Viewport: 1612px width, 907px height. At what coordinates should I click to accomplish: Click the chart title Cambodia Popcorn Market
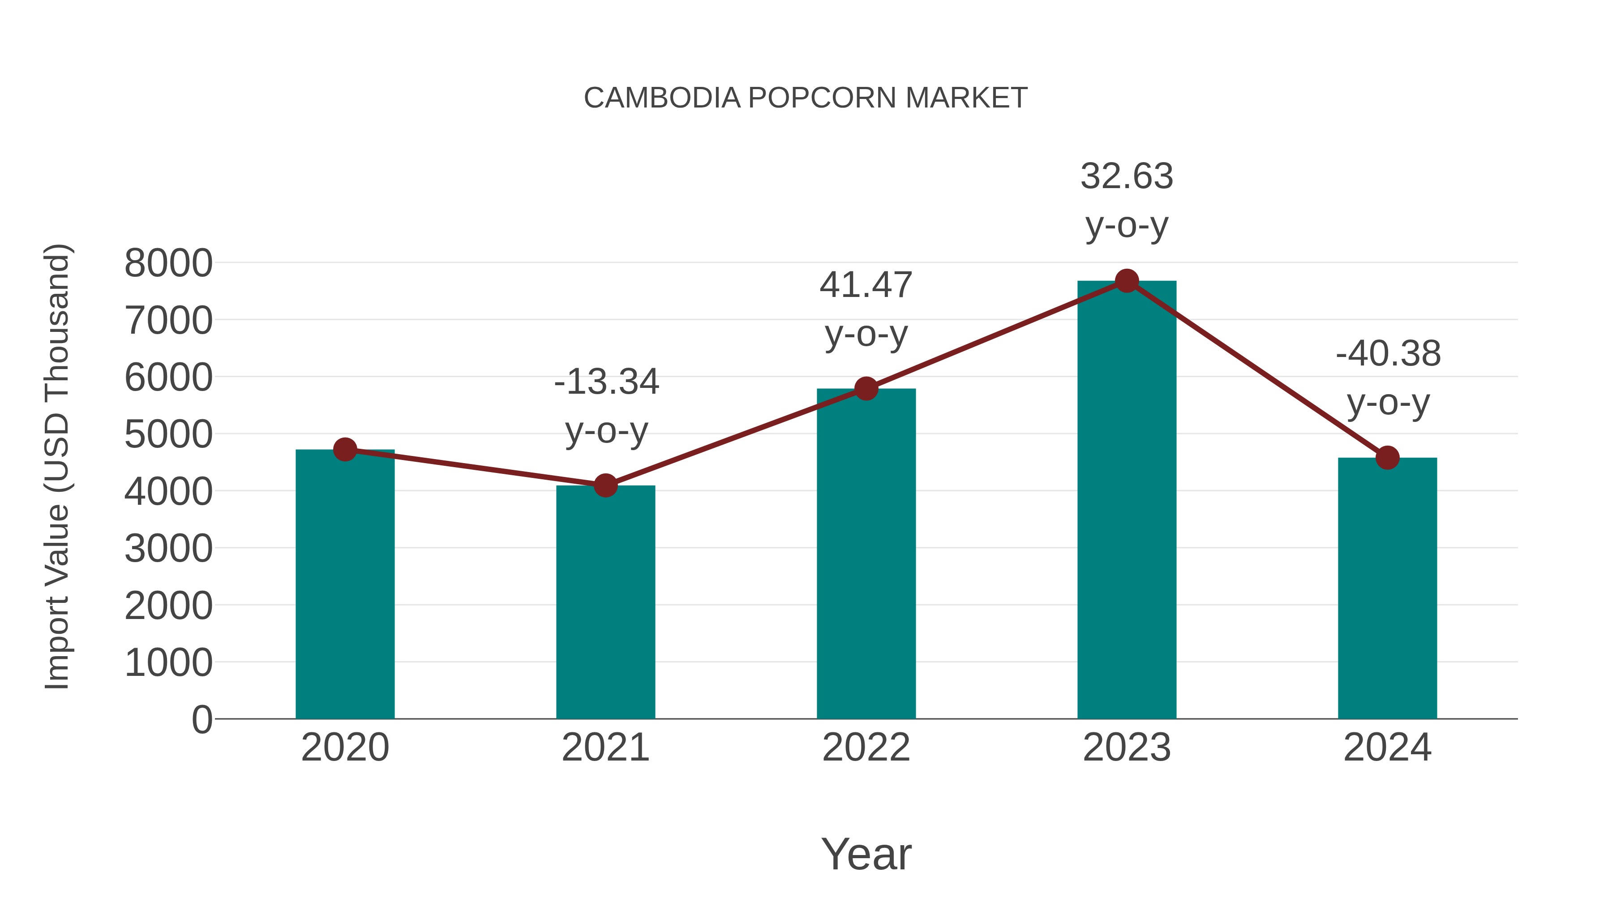(806, 98)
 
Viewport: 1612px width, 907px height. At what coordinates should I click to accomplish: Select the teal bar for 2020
(345, 589)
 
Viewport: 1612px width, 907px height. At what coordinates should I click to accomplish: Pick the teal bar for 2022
(866, 557)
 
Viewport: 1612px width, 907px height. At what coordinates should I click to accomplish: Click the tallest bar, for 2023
(1127, 501)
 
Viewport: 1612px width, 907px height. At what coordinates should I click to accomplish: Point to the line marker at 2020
(345, 449)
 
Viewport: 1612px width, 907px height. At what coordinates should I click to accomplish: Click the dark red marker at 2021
(605, 485)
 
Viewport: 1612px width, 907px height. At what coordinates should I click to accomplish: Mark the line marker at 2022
(866, 389)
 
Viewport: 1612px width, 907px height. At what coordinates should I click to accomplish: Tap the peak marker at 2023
(1127, 281)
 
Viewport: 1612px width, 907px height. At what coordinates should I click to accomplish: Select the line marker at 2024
(1387, 458)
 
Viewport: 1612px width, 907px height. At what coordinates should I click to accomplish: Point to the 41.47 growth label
(866, 285)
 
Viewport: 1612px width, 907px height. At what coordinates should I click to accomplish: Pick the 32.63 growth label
(1127, 176)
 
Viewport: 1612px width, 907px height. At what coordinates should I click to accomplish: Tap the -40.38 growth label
(1388, 354)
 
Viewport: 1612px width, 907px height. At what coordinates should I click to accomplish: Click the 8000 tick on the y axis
(168, 263)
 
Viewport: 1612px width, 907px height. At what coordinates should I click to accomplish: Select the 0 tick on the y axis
(201, 720)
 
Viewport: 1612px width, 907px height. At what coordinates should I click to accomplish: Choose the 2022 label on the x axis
(866, 748)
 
